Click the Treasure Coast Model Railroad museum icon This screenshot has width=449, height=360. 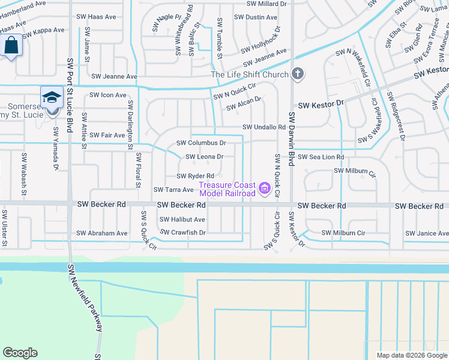[264, 189]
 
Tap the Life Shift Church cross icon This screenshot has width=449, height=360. [297, 74]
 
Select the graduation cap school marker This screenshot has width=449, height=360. [52, 97]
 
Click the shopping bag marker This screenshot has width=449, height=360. [11, 44]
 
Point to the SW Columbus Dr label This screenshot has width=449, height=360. [201, 143]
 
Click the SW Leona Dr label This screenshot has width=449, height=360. [205, 157]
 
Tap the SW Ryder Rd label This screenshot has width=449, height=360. [195, 176]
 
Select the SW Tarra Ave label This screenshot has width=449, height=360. [173, 190]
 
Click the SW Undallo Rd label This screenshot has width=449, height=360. [264, 127]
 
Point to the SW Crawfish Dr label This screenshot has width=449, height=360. [183, 232]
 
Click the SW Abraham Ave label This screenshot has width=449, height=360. [102, 233]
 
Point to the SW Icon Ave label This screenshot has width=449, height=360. [108, 95]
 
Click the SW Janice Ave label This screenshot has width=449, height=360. [427, 233]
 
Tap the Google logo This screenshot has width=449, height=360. [20, 353]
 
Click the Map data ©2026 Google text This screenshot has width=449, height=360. [411, 355]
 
